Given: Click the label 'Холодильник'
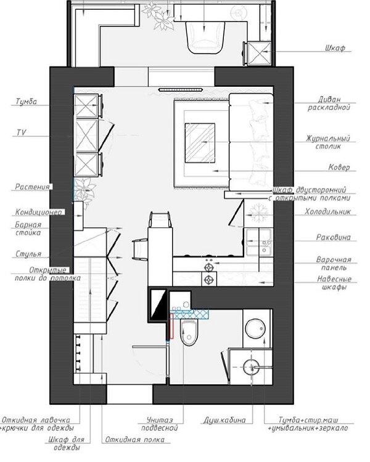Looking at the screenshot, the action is click(328, 211).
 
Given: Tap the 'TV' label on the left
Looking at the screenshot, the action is click(21, 132).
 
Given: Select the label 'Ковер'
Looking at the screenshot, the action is click(339, 168).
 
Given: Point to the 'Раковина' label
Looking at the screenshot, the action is click(334, 237).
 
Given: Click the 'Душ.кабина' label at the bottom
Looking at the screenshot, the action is click(224, 420).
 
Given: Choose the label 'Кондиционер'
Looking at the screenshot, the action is click(39, 212).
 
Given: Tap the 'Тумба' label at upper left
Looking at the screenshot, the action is click(27, 102).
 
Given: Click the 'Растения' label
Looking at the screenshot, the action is click(33, 187).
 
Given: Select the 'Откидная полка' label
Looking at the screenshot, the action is click(135, 440).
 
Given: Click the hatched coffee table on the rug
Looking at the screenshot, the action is click(200, 143).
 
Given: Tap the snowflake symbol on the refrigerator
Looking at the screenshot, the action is click(259, 213).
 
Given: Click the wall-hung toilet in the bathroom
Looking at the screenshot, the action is click(189, 333).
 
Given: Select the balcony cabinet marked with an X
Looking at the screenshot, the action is click(259, 53).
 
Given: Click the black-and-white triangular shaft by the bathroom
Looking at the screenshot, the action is click(158, 304).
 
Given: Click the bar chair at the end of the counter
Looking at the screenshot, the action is click(160, 219).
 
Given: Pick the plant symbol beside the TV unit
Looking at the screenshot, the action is click(84, 190).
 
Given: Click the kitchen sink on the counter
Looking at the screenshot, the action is click(259, 242).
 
